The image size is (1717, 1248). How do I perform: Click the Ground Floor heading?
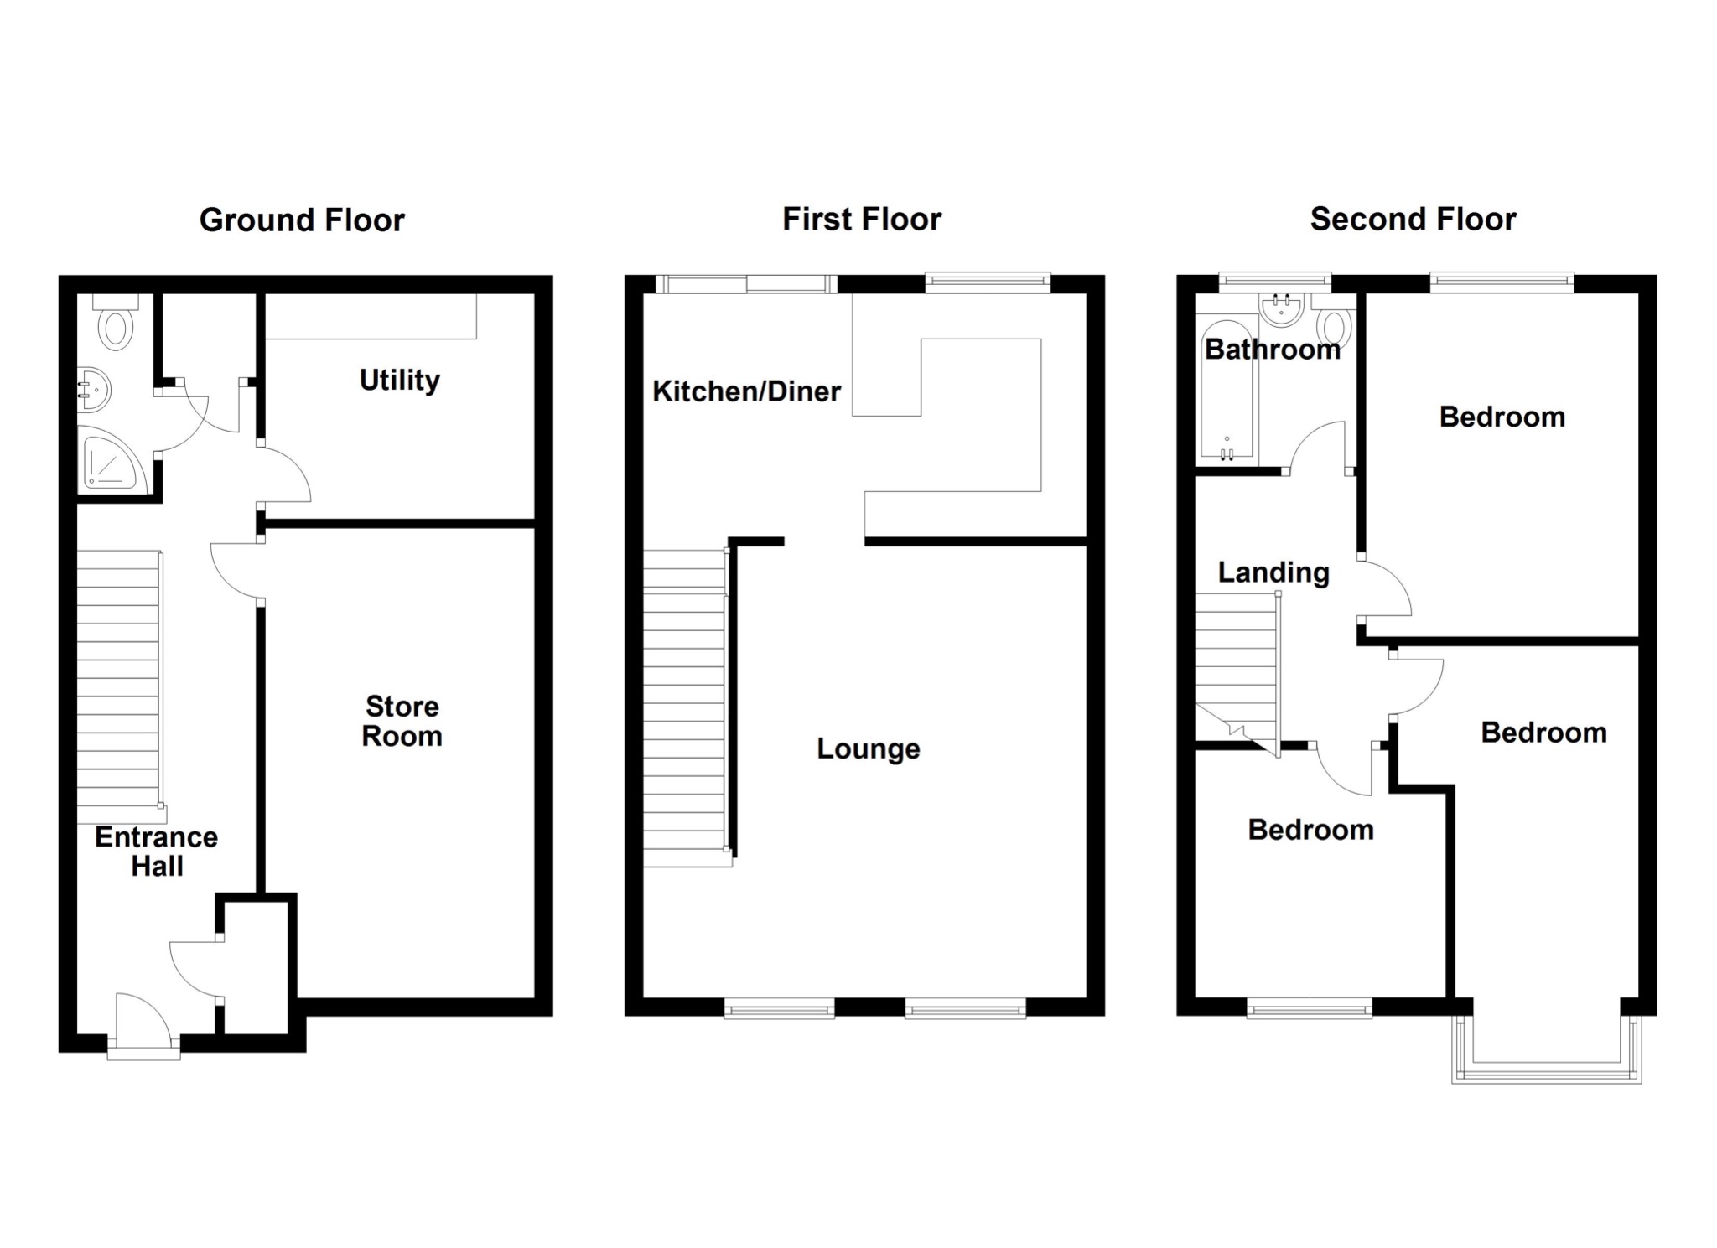tap(302, 220)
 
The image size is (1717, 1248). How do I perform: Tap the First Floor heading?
tap(861, 220)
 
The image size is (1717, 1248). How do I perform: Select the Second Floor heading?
tap(1413, 220)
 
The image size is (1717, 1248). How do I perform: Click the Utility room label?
tap(399, 381)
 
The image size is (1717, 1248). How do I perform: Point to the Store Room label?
tap(402, 721)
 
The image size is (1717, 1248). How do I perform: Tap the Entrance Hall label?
tap(157, 851)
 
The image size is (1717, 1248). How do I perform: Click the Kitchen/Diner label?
tap(746, 391)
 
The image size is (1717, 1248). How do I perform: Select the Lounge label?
tap(869, 748)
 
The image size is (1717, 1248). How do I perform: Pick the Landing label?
tap(1273, 572)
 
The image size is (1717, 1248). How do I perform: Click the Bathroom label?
tap(1272, 350)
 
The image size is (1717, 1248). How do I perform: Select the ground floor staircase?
tap(118, 679)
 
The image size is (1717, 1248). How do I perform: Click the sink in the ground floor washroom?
tap(93, 390)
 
